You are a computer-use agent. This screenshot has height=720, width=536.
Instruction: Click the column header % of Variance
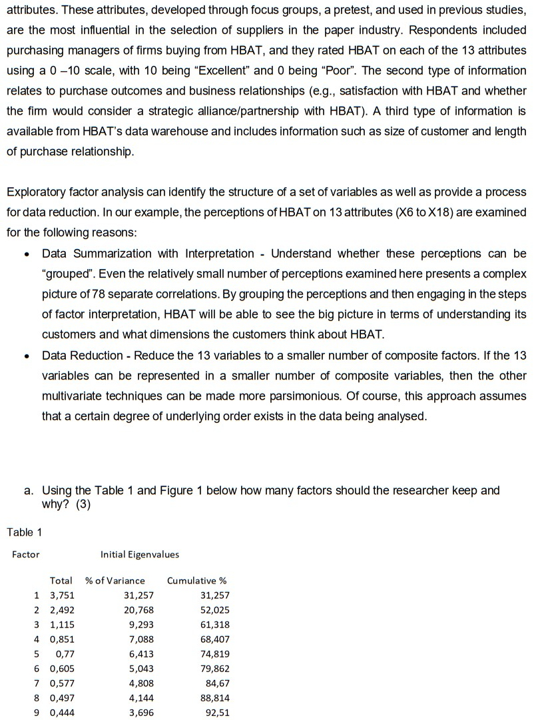click(x=115, y=580)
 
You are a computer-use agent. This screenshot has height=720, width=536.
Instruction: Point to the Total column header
click(x=61, y=580)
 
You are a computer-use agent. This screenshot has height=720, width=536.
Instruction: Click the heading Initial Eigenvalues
click(x=139, y=554)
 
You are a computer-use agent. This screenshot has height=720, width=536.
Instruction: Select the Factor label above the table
click(x=26, y=554)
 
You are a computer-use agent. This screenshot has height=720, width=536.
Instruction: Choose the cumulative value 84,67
click(x=218, y=683)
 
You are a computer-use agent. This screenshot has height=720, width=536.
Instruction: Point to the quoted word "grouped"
click(x=68, y=274)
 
